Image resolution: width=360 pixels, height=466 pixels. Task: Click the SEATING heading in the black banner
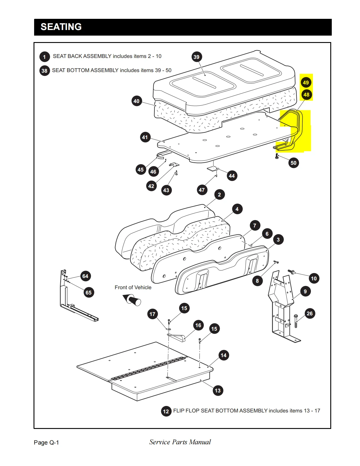[61, 27]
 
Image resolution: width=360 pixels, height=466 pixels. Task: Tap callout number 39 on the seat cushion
[196, 57]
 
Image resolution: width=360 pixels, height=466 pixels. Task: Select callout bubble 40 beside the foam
[136, 101]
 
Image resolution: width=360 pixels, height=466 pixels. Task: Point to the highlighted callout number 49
[306, 82]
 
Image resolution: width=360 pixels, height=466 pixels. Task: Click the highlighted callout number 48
[306, 95]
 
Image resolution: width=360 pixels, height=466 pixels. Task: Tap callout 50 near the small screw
[294, 163]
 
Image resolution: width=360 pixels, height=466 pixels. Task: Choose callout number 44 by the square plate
[232, 176]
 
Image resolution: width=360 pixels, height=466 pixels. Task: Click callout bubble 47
[202, 190]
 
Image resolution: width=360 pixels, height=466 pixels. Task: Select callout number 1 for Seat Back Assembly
[44, 56]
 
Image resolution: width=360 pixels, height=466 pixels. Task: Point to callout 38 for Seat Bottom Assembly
[44, 71]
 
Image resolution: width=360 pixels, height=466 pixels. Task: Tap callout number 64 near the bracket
[85, 276]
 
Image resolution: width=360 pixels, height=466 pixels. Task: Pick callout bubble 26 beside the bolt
[310, 314]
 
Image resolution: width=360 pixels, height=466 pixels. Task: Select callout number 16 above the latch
[198, 325]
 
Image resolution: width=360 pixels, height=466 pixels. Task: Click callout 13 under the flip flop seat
[218, 391]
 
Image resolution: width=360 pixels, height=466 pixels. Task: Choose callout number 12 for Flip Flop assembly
[166, 411]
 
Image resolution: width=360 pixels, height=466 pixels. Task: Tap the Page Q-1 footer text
[46, 442]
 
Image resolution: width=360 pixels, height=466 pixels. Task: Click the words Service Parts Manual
[180, 442]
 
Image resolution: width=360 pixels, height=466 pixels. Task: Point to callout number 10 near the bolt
[314, 279]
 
